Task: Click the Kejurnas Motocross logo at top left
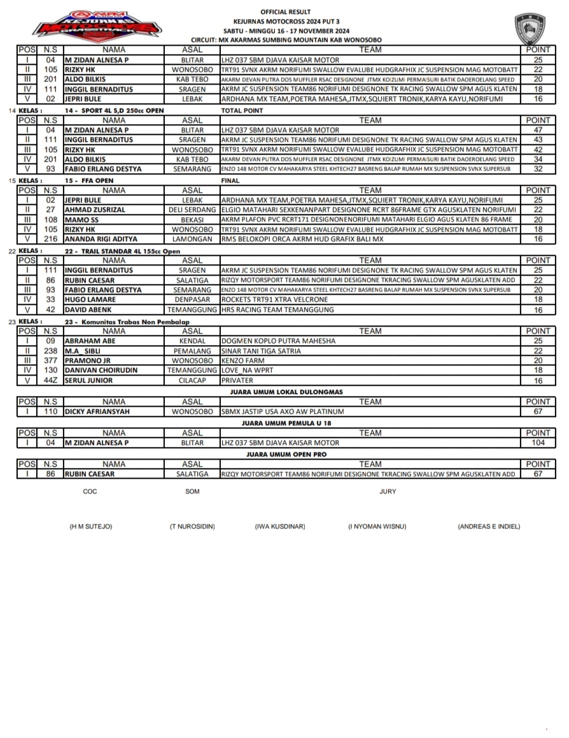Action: coord(97,26)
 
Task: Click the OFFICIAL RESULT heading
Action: coord(286,11)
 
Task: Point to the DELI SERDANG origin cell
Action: coord(192,209)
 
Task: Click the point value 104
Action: coord(538,443)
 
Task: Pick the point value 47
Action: coord(538,129)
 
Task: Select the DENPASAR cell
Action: coord(192,299)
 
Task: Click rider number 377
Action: coord(51,360)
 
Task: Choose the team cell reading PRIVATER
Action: coord(237,380)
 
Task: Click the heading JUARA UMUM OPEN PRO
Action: coord(286,455)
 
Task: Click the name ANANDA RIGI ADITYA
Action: coord(101,239)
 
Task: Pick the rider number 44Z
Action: coord(51,380)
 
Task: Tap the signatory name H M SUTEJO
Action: coord(91,527)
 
